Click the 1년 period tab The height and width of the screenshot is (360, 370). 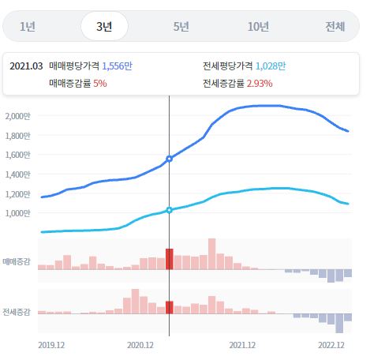(28, 26)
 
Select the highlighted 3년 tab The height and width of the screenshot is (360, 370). (104, 26)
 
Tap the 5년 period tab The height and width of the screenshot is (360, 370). (181, 26)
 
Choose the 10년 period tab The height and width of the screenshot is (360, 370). (258, 26)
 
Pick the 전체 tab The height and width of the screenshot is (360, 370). (334, 26)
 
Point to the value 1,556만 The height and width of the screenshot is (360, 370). (117, 66)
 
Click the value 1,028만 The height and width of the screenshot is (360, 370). (271, 66)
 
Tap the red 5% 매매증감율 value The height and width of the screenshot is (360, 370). (99, 82)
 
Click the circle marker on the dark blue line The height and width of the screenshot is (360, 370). (169, 159)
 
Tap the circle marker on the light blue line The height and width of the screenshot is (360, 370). (169, 210)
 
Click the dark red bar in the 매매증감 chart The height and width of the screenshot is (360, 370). (169, 259)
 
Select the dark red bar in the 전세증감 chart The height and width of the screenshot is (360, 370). (169, 307)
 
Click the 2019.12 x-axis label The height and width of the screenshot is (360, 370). (52, 345)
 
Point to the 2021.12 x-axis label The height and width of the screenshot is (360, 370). (242, 345)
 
